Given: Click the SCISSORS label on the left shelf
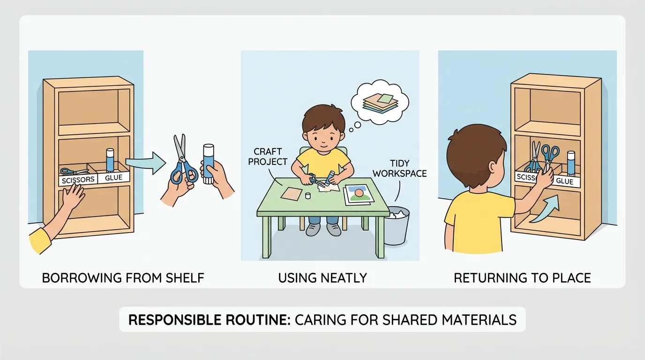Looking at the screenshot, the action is point(78,180).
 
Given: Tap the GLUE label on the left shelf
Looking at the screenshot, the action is point(113,177).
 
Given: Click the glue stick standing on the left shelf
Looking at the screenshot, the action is point(110,160).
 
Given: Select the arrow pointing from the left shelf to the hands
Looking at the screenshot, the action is point(146,163).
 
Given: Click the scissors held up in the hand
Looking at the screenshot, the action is point(183,161).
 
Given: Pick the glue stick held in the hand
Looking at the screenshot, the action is point(209,164).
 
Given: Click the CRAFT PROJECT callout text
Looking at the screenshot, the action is point(268,157).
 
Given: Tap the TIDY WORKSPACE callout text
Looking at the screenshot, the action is point(400,168).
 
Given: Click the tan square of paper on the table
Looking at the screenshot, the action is point(292,193).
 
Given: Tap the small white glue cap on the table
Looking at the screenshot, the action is point(308,196).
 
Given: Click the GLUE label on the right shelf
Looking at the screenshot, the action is point(564,181).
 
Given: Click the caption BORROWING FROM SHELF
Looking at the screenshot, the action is point(123,278).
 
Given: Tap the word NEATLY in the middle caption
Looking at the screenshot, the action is point(344,278).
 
